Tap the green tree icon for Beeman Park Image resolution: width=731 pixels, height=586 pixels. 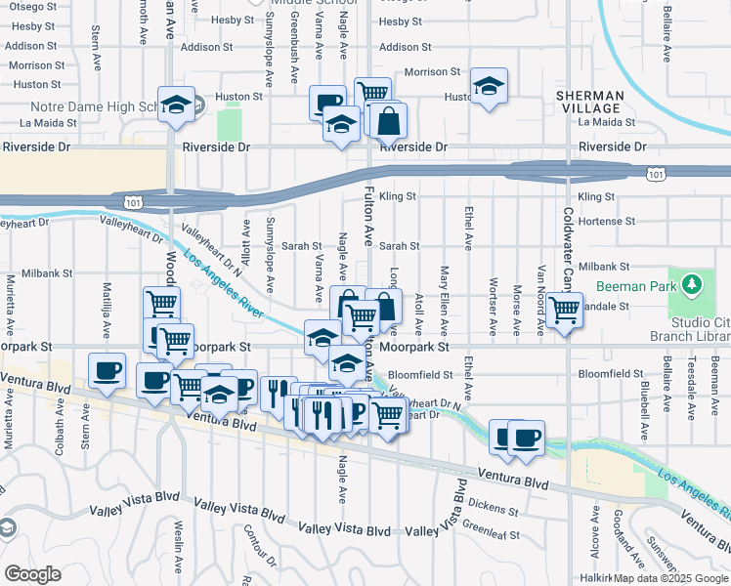pyautogui.click(x=693, y=284)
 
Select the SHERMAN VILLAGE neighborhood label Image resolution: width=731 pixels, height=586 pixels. pyautogui.click(x=589, y=101)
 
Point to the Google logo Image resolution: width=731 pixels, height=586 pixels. pyautogui.click(x=32, y=574)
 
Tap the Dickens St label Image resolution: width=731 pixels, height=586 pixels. pyautogui.click(x=494, y=506)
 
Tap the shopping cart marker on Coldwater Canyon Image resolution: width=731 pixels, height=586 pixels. pyautogui.click(x=564, y=311)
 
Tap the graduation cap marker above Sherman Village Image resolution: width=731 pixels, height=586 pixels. pyautogui.click(x=489, y=86)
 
